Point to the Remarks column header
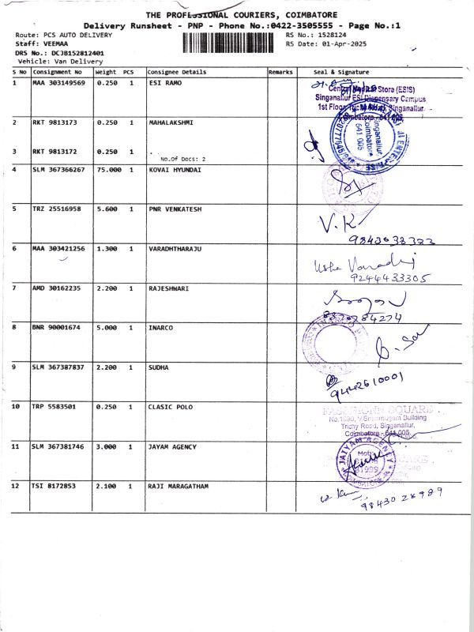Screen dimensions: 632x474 click(280, 72)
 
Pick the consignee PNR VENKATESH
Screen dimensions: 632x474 click(174, 209)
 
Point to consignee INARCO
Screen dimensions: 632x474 click(160, 328)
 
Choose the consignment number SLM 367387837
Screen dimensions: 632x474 click(58, 367)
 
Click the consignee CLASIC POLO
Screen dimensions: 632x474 click(169, 407)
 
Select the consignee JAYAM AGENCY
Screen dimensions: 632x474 click(171, 446)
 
